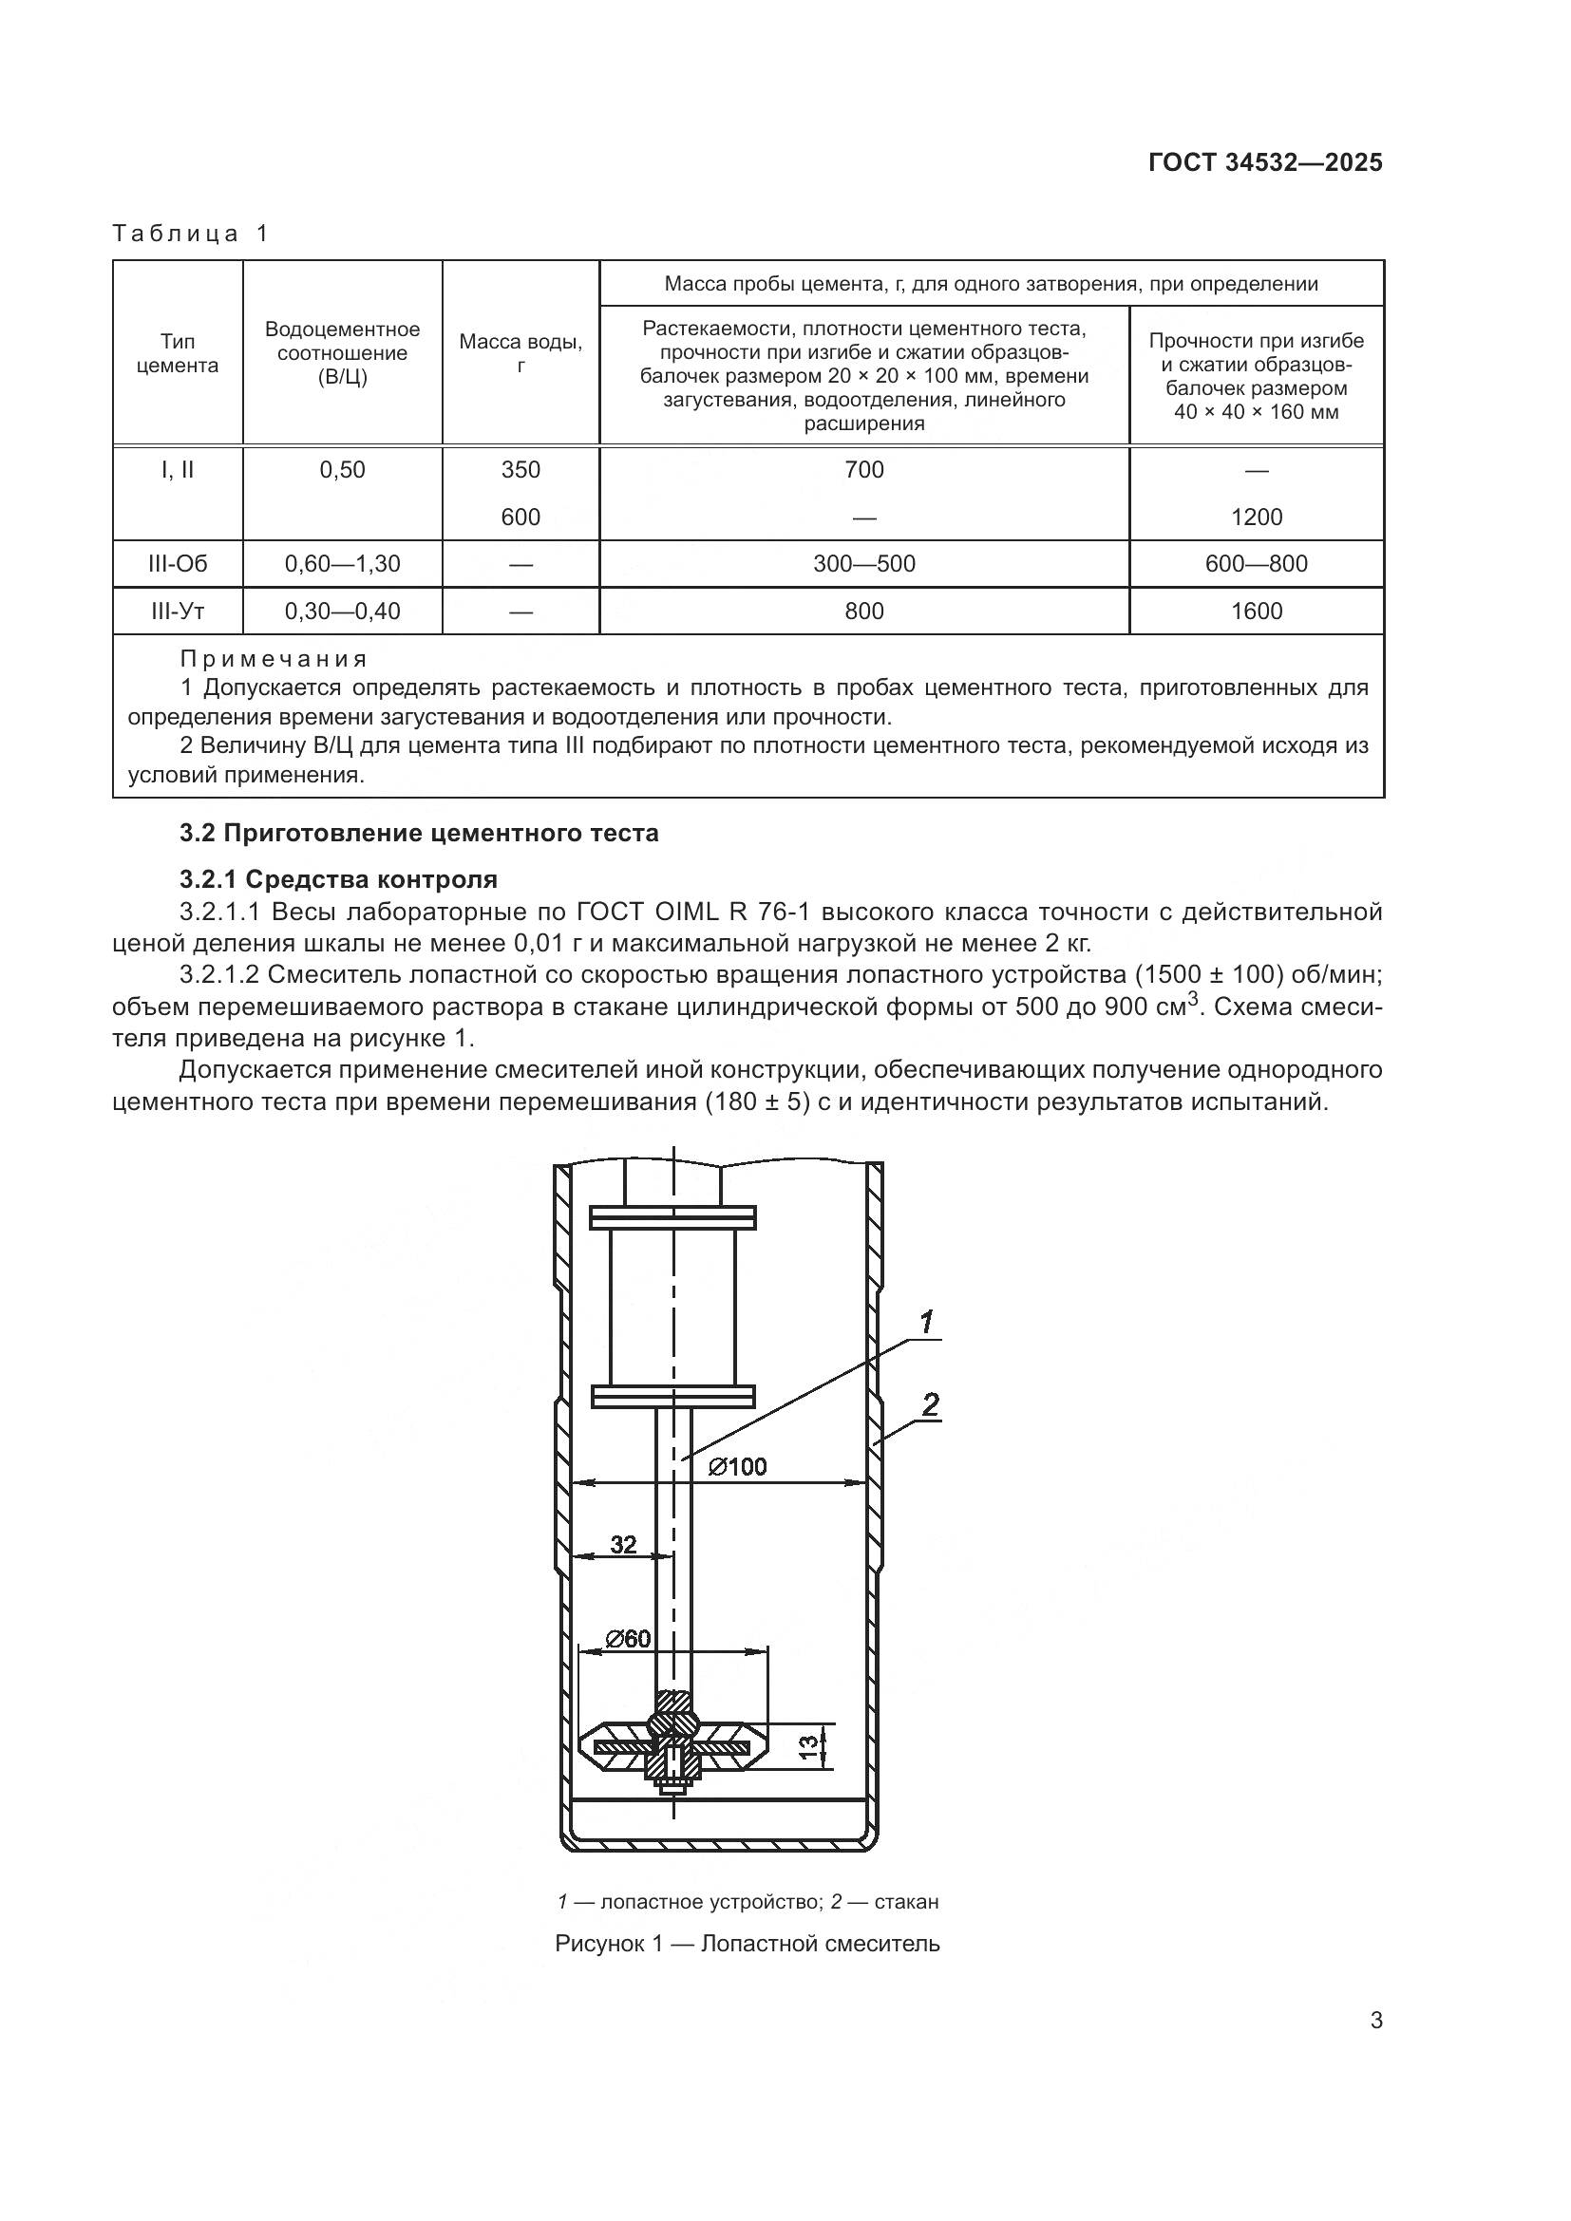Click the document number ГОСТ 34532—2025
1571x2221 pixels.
tap(1264, 162)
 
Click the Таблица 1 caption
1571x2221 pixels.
tap(191, 234)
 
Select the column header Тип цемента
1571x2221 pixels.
tap(177, 353)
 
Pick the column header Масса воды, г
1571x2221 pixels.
tap(521, 353)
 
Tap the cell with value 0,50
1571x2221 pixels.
tap(343, 470)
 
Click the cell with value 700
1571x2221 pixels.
tap(863, 470)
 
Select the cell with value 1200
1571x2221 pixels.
tap(1256, 517)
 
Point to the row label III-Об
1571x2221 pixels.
tap(177, 564)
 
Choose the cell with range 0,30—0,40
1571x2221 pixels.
tap(343, 612)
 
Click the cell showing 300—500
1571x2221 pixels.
tap(863, 564)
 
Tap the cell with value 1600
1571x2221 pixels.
tap(1256, 612)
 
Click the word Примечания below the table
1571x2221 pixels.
tap(274, 659)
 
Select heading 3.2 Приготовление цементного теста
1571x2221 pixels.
tap(419, 833)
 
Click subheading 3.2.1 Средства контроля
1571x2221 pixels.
tap(338, 879)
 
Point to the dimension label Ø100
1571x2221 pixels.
tap(737, 1467)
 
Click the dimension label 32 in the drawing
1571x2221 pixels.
tap(623, 1545)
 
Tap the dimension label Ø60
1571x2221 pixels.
tap(628, 1639)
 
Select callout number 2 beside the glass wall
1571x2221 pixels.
tap(930, 1404)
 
